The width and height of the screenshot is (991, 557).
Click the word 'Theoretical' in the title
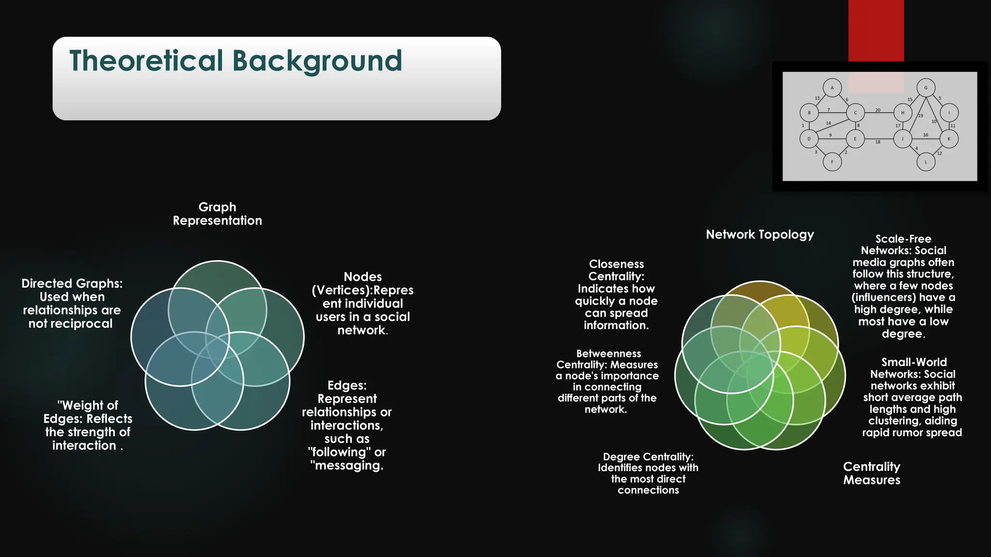pyautogui.click(x=146, y=61)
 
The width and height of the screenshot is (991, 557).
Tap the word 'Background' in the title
pyautogui.click(x=317, y=61)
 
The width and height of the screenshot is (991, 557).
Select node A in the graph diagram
pyautogui.click(x=832, y=88)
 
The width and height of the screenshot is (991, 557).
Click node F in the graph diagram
pyautogui.click(x=832, y=162)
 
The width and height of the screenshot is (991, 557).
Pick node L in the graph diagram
pyautogui.click(x=926, y=162)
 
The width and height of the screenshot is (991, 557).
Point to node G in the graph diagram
pyautogui.click(x=926, y=88)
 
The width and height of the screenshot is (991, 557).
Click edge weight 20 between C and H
pyautogui.click(x=878, y=110)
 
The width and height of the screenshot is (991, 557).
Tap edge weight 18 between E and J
pyautogui.click(x=878, y=142)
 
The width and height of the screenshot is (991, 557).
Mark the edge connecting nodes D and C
pyautogui.click(x=832, y=127)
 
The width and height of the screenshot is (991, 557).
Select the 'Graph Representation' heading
pyautogui.click(x=217, y=214)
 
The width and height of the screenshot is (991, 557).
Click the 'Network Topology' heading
pyautogui.click(x=760, y=235)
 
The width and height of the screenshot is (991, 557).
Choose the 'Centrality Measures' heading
pyautogui.click(x=871, y=473)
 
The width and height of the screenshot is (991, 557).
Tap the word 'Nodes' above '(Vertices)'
pyautogui.click(x=362, y=277)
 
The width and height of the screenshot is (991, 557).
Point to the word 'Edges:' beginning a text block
pyautogui.click(x=347, y=385)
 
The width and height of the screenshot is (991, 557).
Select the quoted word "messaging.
pyautogui.click(x=347, y=466)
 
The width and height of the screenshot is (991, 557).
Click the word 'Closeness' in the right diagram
pyautogui.click(x=616, y=264)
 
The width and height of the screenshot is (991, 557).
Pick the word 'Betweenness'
pyautogui.click(x=608, y=353)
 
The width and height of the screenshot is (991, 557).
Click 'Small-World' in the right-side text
pyautogui.click(x=914, y=362)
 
